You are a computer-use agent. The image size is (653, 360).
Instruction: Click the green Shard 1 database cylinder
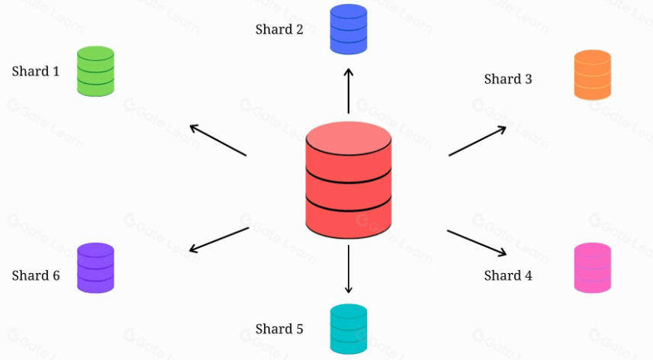click(x=95, y=71)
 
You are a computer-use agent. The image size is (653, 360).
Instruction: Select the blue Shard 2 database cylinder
click(x=349, y=30)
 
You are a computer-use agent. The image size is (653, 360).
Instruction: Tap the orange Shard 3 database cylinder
click(x=592, y=75)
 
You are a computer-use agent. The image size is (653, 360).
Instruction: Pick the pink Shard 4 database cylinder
click(x=592, y=268)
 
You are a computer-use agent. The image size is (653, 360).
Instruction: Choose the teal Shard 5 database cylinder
click(x=349, y=328)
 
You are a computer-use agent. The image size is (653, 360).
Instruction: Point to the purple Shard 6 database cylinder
click(x=95, y=268)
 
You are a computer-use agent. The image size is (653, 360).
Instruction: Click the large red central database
click(x=349, y=183)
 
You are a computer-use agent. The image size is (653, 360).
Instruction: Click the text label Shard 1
click(x=36, y=72)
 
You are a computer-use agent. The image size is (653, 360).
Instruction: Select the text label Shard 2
click(x=279, y=30)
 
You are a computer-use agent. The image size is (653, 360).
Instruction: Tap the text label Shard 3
click(x=508, y=79)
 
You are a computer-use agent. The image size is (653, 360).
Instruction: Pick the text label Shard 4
click(x=508, y=275)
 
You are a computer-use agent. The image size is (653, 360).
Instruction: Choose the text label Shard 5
click(x=279, y=329)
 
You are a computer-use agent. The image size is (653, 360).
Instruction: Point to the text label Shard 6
click(x=36, y=275)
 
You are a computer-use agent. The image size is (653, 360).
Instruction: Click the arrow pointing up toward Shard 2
click(x=349, y=90)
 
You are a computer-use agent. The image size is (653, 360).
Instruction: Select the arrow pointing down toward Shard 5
click(x=349, y=268)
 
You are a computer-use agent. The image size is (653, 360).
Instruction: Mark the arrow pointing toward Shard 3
click(x=478, y=141)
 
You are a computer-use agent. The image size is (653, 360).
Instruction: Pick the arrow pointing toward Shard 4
click(x=478, y=243)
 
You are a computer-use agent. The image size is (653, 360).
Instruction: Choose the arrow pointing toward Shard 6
click(x=218, y=239)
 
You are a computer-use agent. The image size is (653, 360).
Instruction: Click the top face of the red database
click(x=349, y=137)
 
